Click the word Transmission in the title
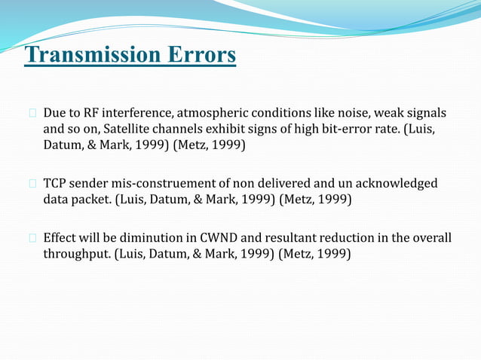[x=89, y=56]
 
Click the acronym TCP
[x=56, y=184]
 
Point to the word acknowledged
[x=394, y=184]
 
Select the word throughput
[x=77, y=254]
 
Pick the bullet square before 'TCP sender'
[x=32, y=185]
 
